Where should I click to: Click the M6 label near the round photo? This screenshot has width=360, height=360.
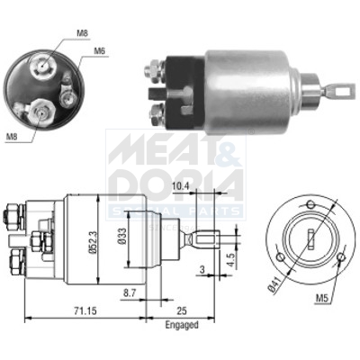pyautogui.click(x=101, y=51)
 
